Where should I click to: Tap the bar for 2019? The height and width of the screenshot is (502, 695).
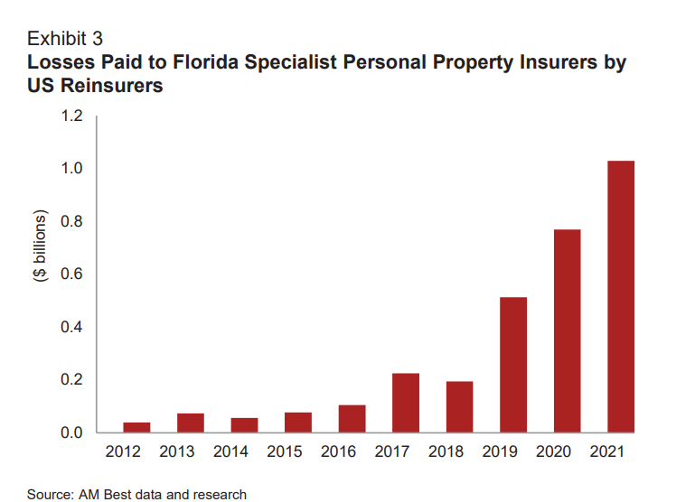[513, 365]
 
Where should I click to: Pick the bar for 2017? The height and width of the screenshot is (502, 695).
[406, 403]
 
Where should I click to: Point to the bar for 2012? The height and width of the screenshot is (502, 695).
[136, 427]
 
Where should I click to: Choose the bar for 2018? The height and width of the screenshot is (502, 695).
[459, 406]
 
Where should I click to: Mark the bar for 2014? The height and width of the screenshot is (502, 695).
[244, 424]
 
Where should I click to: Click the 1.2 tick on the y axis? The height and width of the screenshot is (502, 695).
[71, 116]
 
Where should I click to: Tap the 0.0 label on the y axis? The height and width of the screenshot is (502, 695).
[71, 432]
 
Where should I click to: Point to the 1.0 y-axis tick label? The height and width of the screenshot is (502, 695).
[71, 169]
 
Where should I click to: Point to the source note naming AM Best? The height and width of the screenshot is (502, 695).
[136, 494]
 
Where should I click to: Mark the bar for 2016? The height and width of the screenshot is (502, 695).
[352, 418]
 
